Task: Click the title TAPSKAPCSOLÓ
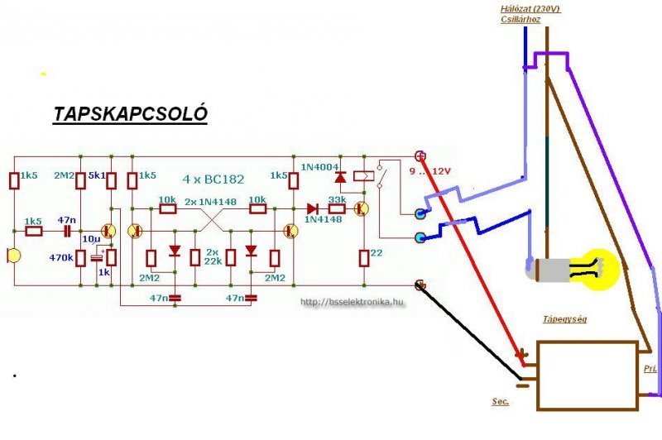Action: (x=130, y=114)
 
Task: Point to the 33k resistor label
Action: (x=337, y=199)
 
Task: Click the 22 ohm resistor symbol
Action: (x=363, y=258)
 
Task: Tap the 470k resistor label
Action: (x=62, y=257)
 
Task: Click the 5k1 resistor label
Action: (x=97, y=176)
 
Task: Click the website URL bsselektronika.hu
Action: (x=353, y=303)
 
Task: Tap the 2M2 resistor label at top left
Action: (x=65, y=176)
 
